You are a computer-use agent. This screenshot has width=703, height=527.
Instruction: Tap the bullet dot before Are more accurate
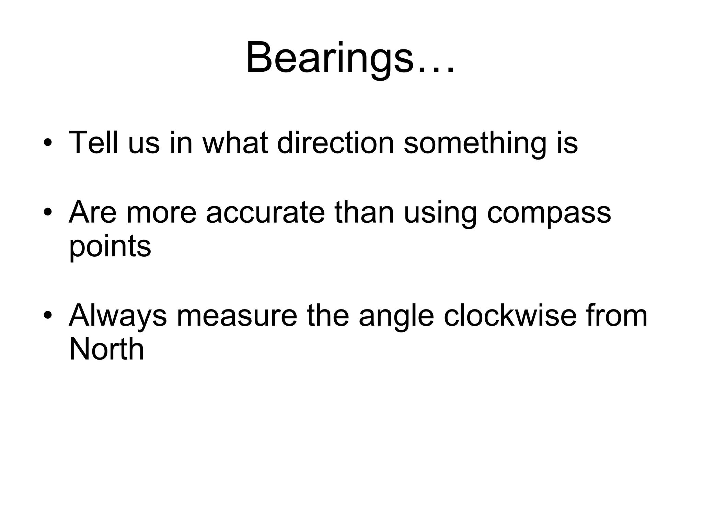(48, 212)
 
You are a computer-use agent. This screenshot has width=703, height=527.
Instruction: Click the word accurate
(265, 212)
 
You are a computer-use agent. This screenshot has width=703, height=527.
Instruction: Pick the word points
(110, 247)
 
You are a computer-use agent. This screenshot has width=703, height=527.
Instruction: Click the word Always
(118, 316)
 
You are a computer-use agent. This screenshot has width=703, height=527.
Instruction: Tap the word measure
(237, 316)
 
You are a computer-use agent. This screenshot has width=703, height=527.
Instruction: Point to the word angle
(396, 316)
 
